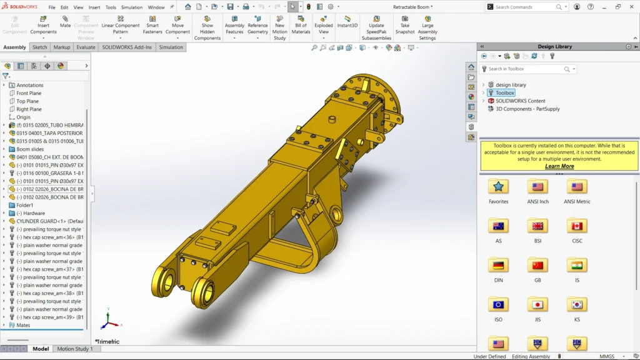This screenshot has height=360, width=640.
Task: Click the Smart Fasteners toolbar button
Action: click(152, 25)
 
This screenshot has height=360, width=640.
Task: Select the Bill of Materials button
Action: click(301, 25)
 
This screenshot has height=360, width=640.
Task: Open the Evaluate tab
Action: click(86, 47)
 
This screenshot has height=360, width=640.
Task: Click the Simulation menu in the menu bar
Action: click(131, 7)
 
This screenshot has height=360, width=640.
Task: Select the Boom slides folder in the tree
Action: click(29, 149)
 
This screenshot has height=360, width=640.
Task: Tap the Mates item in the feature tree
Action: click(23, 325)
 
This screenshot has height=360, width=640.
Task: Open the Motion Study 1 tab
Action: click(75, 349)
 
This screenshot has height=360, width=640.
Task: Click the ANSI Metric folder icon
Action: click(577, 187)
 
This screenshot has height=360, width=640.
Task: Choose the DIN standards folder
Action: click(498, 266)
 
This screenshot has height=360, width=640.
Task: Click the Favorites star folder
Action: click(498, 187)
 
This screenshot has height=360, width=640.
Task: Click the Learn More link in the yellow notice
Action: click(559, 166)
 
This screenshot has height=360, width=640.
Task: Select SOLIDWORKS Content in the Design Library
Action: click(520, 101)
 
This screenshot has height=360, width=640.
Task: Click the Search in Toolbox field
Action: click(525, 69)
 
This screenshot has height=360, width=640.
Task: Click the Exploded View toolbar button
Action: click(324, 25)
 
